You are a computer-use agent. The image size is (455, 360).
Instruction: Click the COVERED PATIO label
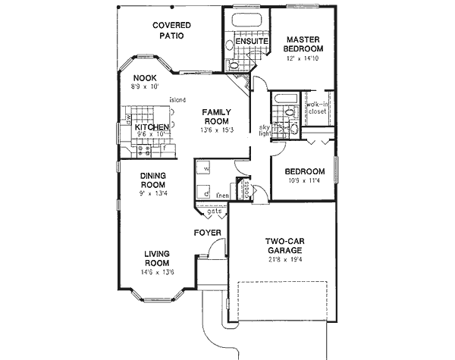171,30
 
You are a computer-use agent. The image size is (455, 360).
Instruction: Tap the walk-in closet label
316,108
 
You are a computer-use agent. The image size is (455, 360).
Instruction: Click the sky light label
265,131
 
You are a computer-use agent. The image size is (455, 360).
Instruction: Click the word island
178,99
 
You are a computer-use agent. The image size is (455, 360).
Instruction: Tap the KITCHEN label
152,127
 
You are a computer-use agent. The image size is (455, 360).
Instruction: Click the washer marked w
206,169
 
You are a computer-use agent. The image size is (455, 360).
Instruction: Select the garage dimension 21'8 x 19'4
284,258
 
